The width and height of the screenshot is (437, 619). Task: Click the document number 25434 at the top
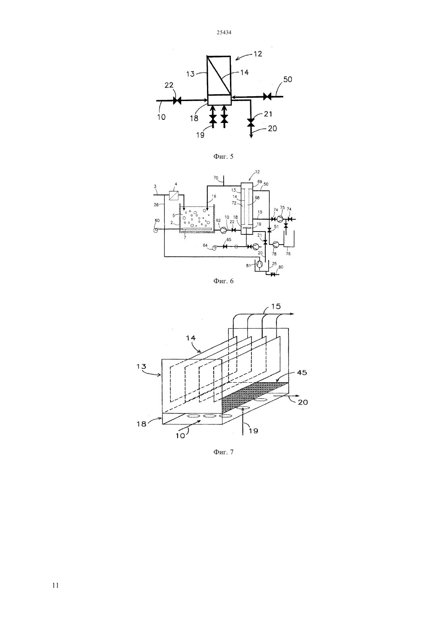point(224,32)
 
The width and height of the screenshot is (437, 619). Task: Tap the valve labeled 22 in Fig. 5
point(177,101)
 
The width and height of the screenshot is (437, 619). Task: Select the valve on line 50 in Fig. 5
point(267,96)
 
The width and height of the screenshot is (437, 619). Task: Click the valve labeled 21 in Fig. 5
point(251,122)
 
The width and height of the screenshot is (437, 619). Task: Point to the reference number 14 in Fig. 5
point(244,72)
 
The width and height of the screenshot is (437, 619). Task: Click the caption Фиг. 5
point(223,157)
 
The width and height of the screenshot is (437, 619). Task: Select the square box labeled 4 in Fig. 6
point(174,195)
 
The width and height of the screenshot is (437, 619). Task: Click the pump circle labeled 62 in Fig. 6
point(223,230)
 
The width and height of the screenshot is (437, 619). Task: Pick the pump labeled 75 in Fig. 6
point(280,219)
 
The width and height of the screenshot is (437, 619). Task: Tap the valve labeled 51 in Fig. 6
point(269,230)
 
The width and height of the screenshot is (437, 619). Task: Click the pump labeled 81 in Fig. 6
point(259,265)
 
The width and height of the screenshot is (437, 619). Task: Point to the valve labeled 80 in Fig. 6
point(273,274)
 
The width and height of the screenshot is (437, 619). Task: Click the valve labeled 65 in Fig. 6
point(225,247)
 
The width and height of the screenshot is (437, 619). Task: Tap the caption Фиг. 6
point(223,281)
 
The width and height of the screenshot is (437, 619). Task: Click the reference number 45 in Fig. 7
point(302,372)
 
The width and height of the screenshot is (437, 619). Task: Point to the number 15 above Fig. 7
point(276,306)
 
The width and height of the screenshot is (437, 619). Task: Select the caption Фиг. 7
point(223,452)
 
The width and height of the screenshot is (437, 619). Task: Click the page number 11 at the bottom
point(56,585)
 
